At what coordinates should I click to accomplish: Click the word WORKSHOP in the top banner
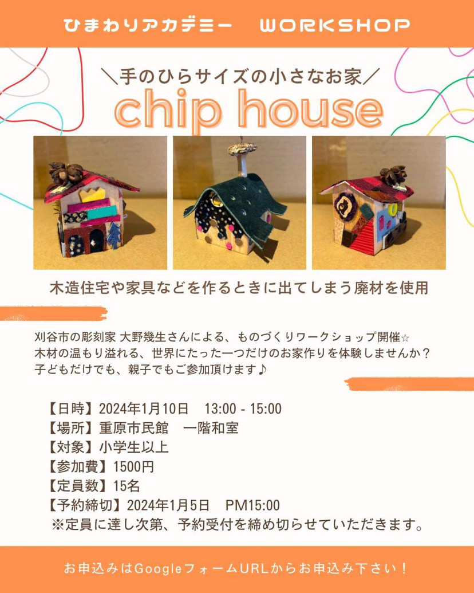[334, 25]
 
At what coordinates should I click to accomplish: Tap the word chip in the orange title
[168, 109]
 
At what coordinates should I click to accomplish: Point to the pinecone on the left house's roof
[66, 174]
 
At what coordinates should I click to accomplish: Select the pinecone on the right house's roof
[393, 175]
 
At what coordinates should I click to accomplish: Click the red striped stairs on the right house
[363, 238]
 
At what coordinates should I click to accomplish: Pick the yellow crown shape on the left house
[92, 195]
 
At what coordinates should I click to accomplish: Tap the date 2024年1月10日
[144, 409]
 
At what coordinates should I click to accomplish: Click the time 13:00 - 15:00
[243, 409]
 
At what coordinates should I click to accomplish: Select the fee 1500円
[134, 467]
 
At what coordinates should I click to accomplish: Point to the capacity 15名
[127, 486]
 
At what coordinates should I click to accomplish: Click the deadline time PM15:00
[252, 505]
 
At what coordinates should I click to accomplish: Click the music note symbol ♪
[262, 369]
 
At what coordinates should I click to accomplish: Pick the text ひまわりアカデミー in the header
[148, 25]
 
